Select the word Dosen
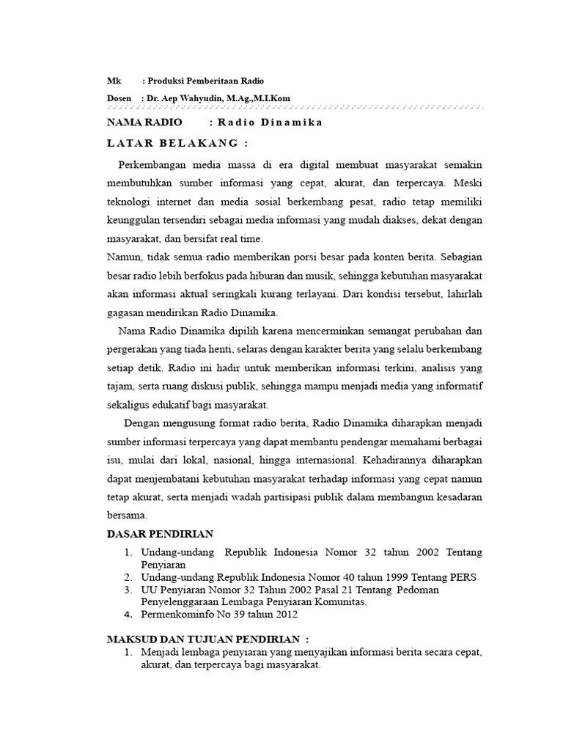[x=119, y=98]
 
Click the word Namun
[x=124, y=257]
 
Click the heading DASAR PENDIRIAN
[x=161, y=534]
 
